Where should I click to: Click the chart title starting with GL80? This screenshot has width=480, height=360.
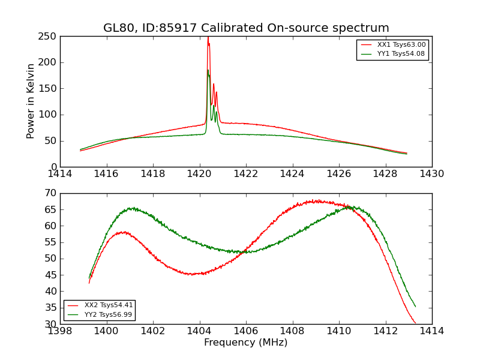(x=246, y=28)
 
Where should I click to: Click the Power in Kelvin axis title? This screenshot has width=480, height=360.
(x=31, y=101)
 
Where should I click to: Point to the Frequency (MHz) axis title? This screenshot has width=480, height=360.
(x=246, y=343)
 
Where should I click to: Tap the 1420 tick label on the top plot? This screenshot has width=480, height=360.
(x=200, y=174)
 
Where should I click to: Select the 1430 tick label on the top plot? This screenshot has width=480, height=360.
(x=432, y=174)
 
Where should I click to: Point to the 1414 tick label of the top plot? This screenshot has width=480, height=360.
(x=61, y=174)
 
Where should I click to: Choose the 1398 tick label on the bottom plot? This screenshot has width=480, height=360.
(x=61, y=331)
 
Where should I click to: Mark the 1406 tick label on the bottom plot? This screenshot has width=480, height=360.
(x=246, y=331)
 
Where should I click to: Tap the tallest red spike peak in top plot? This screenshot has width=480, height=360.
(x=208, y=37)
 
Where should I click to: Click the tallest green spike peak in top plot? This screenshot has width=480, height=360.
(x=208, y=70)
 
